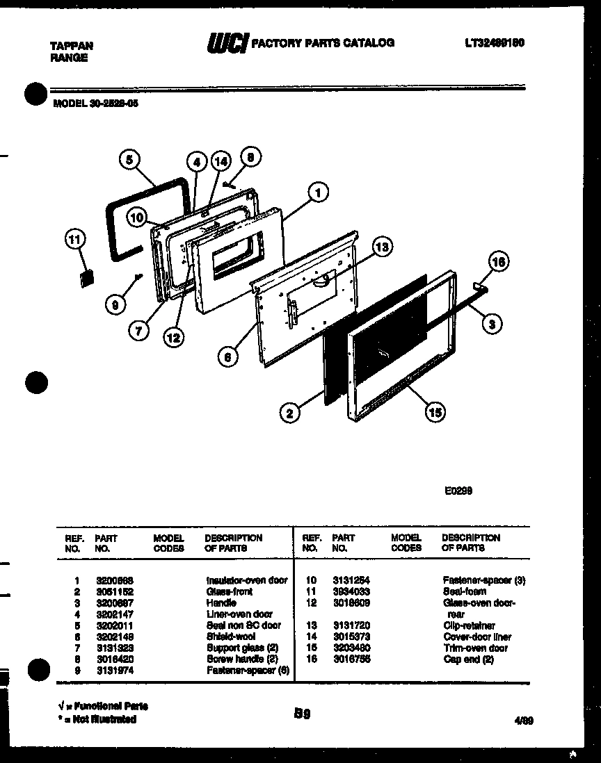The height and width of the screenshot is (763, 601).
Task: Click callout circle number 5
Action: [x=129, y=160]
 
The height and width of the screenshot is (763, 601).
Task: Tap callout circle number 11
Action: [x=73, y=240]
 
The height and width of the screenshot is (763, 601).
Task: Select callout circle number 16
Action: [x=498, y=261]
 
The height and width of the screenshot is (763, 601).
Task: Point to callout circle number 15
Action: [x=435, y=412]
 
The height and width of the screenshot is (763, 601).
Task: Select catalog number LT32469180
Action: [x=494, y=43]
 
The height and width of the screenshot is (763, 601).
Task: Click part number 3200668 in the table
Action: [x=115, y=580]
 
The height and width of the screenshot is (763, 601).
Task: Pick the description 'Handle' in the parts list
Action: [x=221, y=602]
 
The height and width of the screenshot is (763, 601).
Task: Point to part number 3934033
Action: [x=351, y=591]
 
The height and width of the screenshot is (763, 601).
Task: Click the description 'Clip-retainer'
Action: [x=469, y=625]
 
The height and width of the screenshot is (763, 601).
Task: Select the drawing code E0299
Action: [x=459, y=490]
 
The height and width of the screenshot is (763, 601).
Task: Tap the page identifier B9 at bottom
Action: [x=301, y=713]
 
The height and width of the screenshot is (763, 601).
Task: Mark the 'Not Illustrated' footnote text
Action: [x=98, y=720]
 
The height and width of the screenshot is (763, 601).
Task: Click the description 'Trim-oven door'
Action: [x=475, y=648]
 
